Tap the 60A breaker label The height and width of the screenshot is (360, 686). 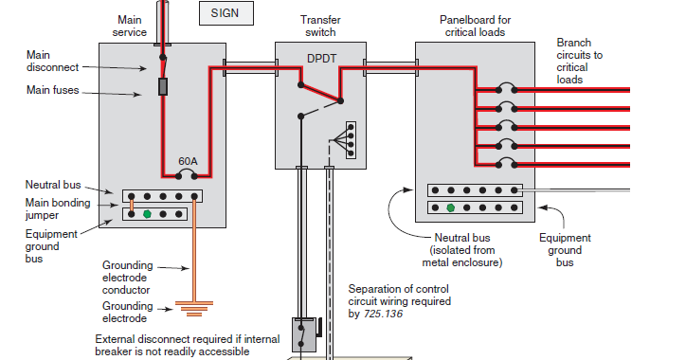188,161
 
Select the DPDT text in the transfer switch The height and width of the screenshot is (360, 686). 321,58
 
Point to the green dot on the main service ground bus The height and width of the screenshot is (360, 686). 148,215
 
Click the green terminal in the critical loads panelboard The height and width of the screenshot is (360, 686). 451,207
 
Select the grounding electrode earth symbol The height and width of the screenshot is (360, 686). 194,308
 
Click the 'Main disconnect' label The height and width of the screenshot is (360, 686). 33,61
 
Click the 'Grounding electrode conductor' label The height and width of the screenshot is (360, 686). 128,277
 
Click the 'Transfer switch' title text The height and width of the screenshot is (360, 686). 319,26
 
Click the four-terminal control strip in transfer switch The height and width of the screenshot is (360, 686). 352,139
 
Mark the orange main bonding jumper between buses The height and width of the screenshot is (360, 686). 132,206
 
